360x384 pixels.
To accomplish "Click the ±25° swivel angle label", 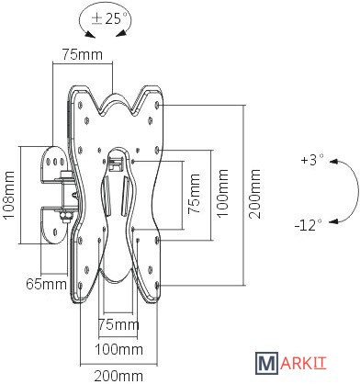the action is pos(109,19).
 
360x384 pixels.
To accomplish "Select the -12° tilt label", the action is pos(309,226).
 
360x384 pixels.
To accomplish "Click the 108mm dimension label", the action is pos(9,195).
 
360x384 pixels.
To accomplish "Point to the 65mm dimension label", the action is pos(46,284).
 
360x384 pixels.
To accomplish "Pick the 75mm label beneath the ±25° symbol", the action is pos(83,54).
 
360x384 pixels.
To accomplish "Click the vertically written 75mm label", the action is pos(194,194).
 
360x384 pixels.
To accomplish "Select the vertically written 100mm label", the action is pos(222,193).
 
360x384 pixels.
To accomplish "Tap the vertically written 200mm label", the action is pos(254,194).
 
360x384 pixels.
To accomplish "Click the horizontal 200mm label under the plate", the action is pos(118,376).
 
